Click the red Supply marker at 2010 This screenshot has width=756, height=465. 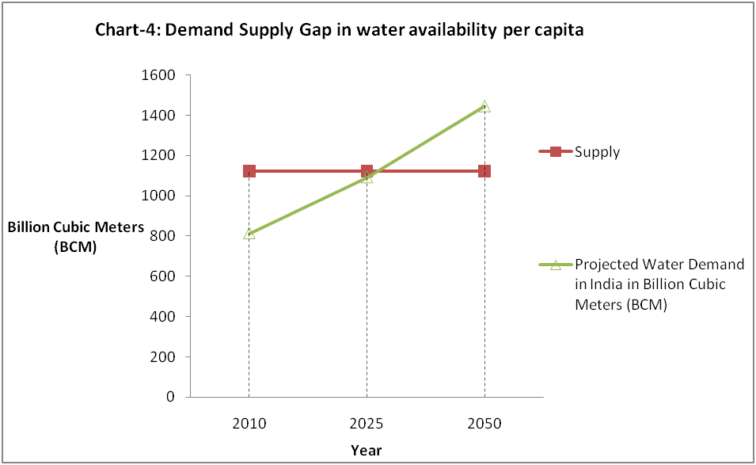click(x=249, y=171)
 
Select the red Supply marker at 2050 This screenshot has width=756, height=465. click(x=484, y=171)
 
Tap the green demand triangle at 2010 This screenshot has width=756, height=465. click(x=249, y=234)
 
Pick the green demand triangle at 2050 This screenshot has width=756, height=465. click(x=484, y=106)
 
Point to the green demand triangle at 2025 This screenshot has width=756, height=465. click(x=367, y=177)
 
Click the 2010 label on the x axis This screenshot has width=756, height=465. click(x=249, y=424)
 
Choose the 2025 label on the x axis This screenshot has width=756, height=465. click(x=367, y=424)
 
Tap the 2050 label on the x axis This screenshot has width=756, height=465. click(x=484, y=424)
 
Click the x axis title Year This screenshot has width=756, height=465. click(x=367, y=451)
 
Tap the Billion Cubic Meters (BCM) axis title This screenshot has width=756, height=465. click(x=76, y=236)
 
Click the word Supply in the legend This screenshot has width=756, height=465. click(x=597, y=152)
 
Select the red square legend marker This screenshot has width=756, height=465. click(x=555, y=152)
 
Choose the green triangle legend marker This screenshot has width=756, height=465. click(x=555, y=265)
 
